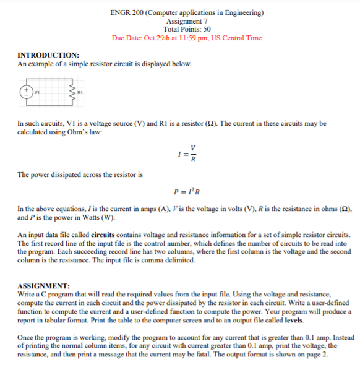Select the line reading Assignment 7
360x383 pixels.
[186, 21]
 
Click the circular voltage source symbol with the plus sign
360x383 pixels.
[27, 91]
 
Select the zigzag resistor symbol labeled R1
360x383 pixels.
[75, 93]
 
